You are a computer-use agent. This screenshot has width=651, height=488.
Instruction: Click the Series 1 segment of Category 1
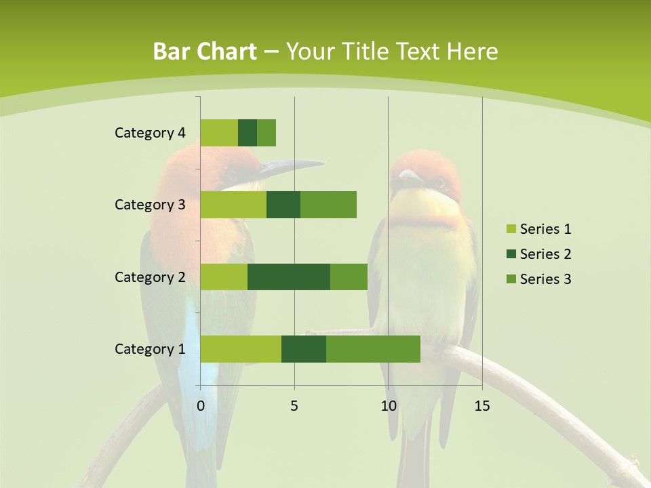241,349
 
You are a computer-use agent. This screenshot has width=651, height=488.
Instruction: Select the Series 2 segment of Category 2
289,277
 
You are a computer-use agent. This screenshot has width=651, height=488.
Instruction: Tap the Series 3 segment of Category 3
328,205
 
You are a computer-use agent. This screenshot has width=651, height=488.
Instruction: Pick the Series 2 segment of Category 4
248,133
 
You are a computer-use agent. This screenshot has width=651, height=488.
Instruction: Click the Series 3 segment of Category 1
373,349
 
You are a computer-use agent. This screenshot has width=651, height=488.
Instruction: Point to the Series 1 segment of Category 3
233,205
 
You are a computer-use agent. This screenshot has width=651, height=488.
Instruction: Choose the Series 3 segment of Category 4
267,133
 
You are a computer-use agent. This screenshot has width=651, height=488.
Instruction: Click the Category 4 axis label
150,133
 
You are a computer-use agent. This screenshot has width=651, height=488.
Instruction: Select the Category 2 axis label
150,277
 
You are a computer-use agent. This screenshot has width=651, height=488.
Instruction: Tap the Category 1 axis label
150,349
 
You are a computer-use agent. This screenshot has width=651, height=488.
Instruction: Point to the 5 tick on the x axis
294,406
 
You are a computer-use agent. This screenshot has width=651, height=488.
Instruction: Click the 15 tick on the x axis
481,406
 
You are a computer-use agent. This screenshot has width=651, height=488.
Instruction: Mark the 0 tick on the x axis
201,406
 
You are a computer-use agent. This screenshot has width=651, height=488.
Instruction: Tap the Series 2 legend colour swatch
511,254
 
